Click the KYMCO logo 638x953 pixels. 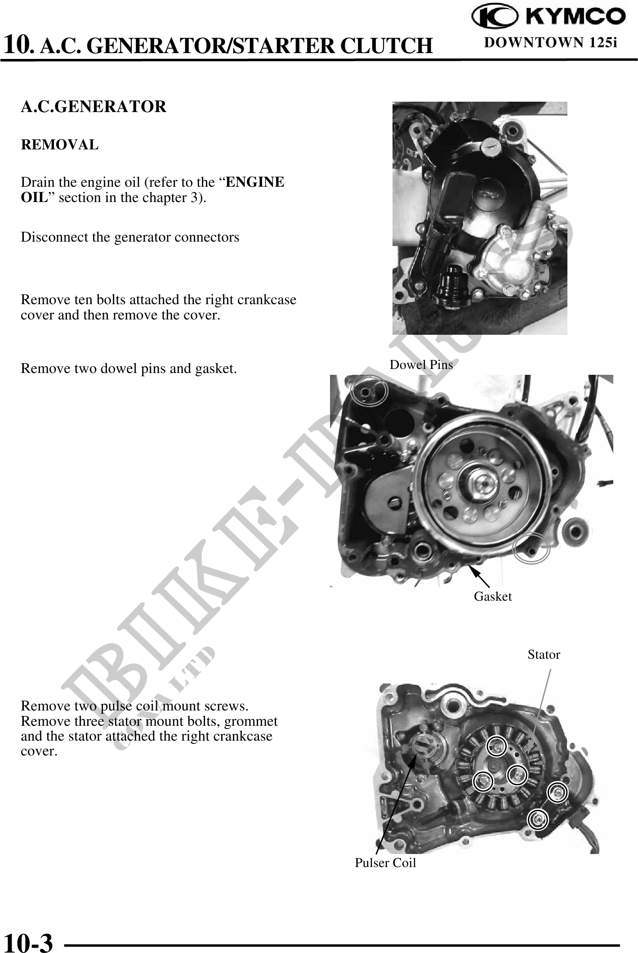coord(548,17)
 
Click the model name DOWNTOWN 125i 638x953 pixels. coord(550,43)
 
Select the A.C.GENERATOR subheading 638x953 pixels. coord(94,107)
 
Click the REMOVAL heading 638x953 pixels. coord(59,145)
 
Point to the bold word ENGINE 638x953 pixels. coord(254,182)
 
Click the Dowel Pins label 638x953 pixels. coord(421,364)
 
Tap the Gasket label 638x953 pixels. coord(493,597)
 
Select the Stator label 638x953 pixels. coord(544,655)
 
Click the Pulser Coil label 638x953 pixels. coord(385,863)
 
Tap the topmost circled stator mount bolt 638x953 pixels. coord(496,747)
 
